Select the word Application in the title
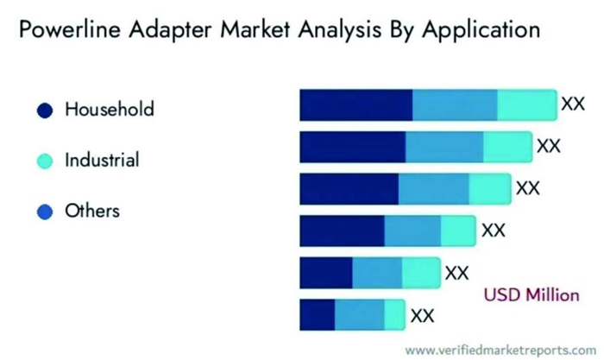474,31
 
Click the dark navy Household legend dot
46,111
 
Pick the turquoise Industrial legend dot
46,161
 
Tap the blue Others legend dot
46,212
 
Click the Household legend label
110,110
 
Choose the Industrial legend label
102,161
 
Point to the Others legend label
92,211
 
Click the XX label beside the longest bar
573,104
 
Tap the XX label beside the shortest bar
422,315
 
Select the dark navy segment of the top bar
355,104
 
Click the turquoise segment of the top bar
527,104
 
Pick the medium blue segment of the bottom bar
359,314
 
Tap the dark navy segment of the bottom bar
317,314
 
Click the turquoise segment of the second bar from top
507,147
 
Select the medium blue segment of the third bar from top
433,188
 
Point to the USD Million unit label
531,294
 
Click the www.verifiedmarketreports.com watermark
500,349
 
